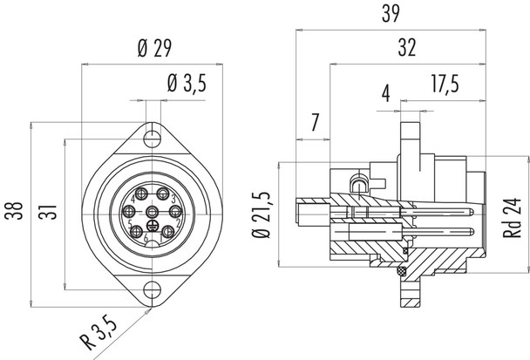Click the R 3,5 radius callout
pyautogui.click(x=99, y=335)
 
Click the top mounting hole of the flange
pyautogui.click(x=153, y=136)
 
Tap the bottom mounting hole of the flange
pyautogui.click(x=153, y=290)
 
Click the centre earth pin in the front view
pyautogui.click(x=153, y=214)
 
